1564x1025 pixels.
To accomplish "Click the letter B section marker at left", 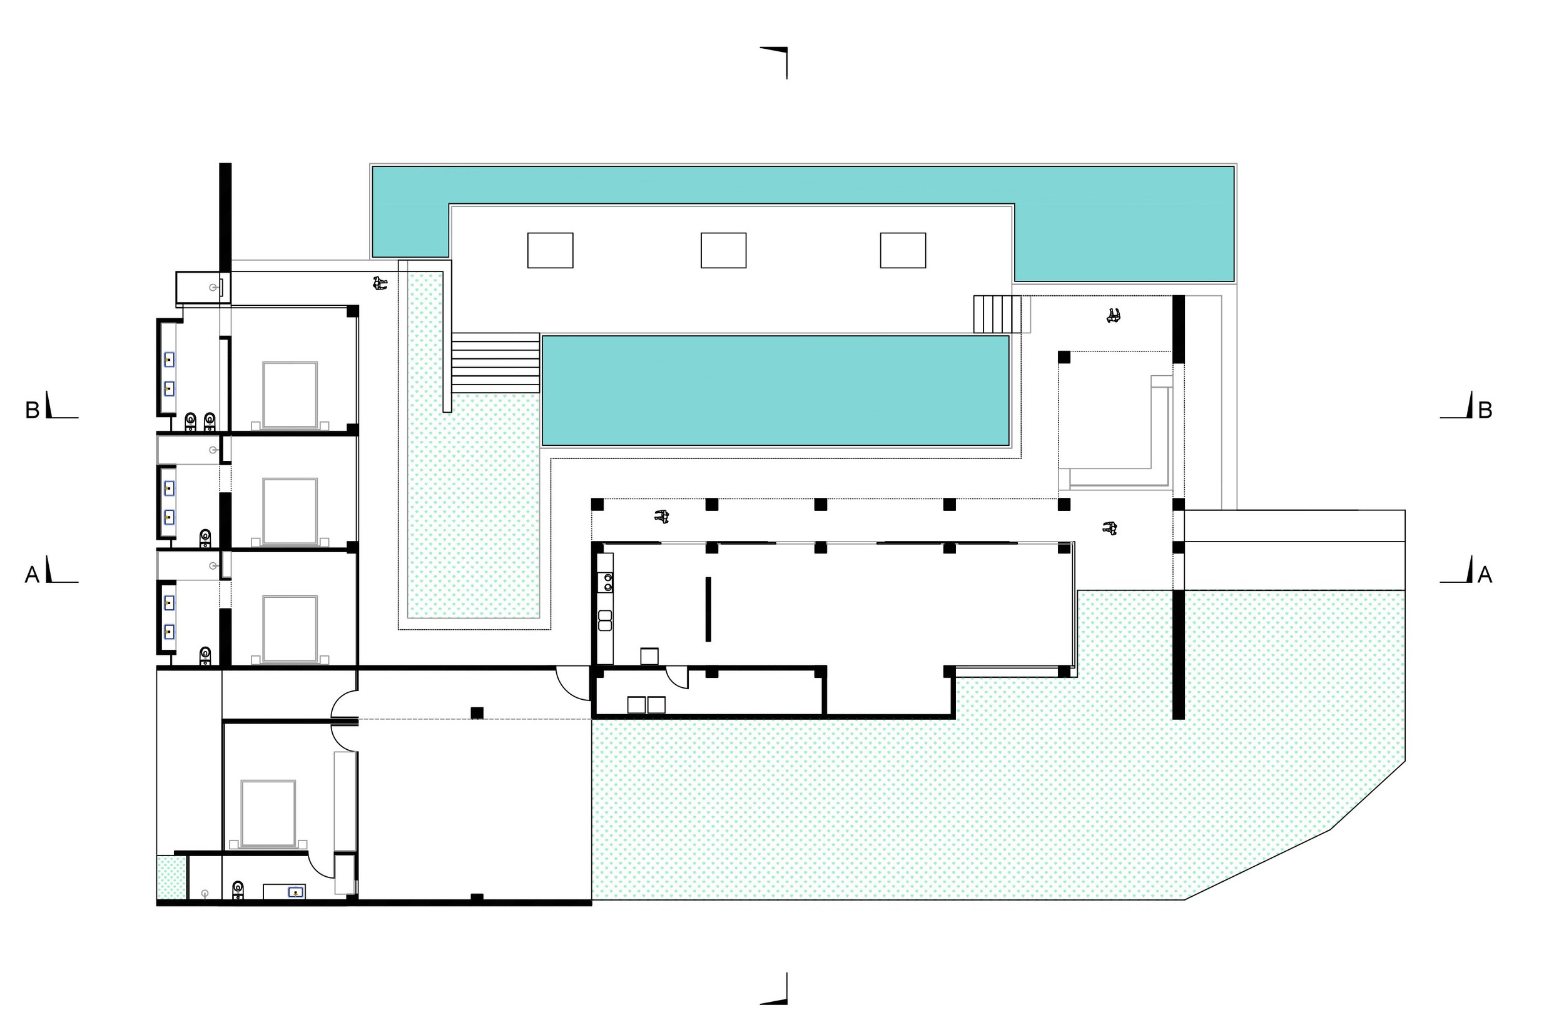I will (x=32, y=410).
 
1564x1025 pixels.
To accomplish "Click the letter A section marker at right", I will (x=1485, y=575).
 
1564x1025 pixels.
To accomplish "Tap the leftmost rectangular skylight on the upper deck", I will (x=550, y=250).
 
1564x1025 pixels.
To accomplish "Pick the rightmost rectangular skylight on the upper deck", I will (x=902, y=250).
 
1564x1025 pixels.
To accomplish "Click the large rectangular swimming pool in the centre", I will (x=775, y=391).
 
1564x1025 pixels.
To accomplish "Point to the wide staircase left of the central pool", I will (x=495, y=363).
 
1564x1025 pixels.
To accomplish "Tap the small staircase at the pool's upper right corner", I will (x=997, y=314).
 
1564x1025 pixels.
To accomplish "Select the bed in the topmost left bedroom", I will (x=290, y=395).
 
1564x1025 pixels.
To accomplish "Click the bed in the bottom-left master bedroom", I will (x=268, y=814).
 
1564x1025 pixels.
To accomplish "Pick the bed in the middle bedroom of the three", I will (x=290, y=510).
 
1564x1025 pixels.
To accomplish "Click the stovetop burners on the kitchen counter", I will (x=605, y=582).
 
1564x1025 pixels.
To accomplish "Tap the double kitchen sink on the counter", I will (x=604, y=620).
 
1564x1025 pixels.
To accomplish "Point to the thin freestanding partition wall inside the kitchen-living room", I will (x=708, y=609).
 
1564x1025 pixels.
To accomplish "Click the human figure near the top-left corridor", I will (x=380, y=284).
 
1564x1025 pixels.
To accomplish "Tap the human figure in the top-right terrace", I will (x=1112, y=316).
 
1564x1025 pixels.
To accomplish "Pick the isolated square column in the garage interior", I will (x=477, y=713).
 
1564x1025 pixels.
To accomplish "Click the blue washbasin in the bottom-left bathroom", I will (x=297, y=892).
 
